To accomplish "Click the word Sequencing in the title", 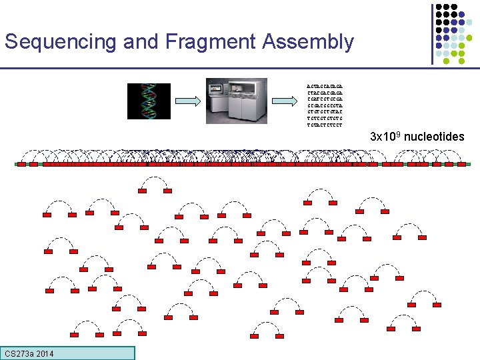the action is (61, 42).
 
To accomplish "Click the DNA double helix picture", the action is (149, 101).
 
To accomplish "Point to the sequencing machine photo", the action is (236, 101).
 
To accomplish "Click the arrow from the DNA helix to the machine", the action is (187, 101).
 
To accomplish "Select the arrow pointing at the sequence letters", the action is (284, 101).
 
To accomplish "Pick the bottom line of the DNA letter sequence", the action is (324, 124).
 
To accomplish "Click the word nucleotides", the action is (434, 137).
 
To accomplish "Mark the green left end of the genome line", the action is (17, 163).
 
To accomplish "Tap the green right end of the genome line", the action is (468, 163).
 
